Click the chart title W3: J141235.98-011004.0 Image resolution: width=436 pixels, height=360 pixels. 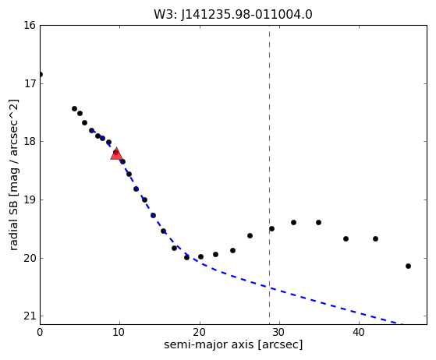point(233,15)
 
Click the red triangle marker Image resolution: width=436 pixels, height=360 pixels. point(116,154)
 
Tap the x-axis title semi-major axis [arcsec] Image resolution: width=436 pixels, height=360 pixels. point(233,344)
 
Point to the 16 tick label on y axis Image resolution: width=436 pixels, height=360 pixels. point(30,25)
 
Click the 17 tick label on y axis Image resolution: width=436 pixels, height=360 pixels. point(30,83)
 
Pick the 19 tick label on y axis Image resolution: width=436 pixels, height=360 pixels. point(30,199)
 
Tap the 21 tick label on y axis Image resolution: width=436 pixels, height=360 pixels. point(30,316)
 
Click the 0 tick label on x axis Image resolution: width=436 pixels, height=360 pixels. point(40,332)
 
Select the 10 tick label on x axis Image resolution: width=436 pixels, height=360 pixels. point(119,332)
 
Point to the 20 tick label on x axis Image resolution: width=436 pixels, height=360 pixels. point(200,332)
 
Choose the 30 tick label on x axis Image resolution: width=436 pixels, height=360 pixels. point(279,332)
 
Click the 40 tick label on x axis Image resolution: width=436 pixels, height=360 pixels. point(359,332)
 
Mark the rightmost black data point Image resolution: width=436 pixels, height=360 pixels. point(408,266)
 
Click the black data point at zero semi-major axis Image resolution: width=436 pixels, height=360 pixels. point(41,75)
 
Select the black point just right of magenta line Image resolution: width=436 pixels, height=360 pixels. point(272,229)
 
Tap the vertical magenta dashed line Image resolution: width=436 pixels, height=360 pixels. point(269,175)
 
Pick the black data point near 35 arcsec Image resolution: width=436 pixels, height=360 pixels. point(319,223)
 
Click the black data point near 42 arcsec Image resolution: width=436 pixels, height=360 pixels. point(375,239)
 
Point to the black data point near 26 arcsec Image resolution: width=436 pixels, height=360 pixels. point(250,236)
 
